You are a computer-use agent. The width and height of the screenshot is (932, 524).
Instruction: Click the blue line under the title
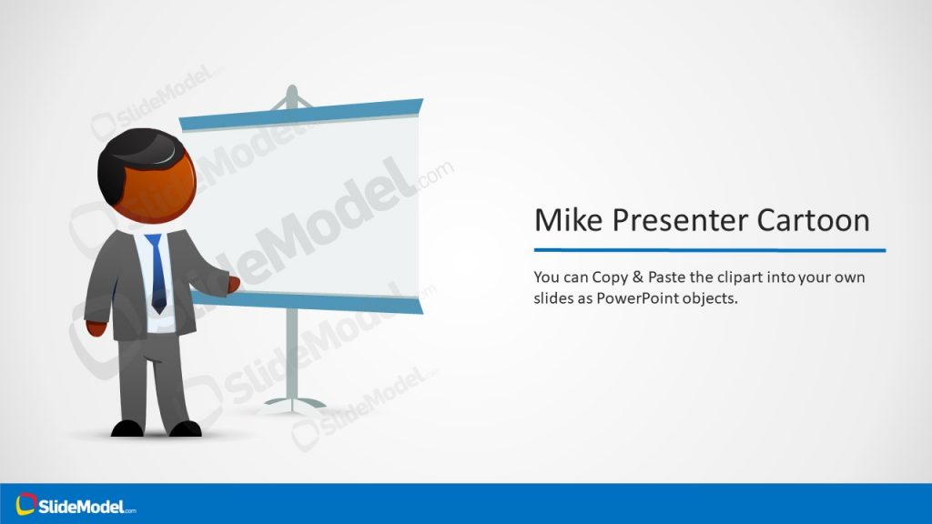tap(709, 250)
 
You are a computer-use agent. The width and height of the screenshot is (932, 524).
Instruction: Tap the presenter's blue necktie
tap(157, 273)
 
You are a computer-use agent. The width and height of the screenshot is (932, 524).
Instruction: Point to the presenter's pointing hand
tap(233, 285)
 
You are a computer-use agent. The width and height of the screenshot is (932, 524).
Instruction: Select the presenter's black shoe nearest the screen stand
tap(185, 428)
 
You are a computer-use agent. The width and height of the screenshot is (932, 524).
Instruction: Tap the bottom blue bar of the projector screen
tap(309, 300)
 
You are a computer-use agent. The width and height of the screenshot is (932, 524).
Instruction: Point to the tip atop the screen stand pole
tap(291, 91)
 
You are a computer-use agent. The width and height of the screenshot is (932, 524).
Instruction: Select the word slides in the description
tap(553, 297)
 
